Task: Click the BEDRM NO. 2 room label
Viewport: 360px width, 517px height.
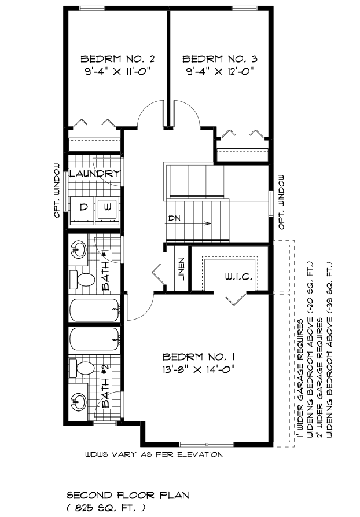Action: [117, 59]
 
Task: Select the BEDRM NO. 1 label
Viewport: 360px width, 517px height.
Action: [199, 357]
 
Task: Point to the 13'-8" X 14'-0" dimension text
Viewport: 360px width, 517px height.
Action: [199, 369]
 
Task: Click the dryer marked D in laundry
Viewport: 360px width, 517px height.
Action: [82, 210]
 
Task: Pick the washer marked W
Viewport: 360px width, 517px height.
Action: [107, 210]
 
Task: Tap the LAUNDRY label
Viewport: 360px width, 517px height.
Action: [94, 174]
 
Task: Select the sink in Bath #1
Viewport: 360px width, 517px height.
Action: [79, 250]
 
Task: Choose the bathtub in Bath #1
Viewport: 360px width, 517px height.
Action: [95, 310]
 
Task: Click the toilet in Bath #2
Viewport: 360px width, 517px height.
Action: [82, 368]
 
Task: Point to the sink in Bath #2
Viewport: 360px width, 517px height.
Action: [79, 401]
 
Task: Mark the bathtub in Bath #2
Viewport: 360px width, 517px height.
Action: [95, 339]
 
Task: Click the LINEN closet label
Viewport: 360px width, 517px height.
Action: [182, 269]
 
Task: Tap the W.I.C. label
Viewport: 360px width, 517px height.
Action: [240, 277]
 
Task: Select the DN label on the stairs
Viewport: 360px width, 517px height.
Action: [175, 218]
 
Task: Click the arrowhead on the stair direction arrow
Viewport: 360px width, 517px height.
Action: [208, 223]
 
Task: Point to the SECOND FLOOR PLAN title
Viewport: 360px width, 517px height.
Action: [128, 495]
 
